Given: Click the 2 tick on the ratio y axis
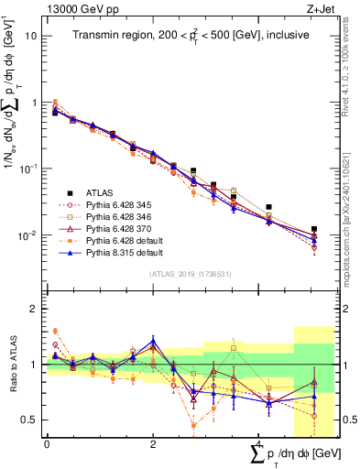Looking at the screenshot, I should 35,309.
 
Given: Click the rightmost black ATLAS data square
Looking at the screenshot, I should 314,229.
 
